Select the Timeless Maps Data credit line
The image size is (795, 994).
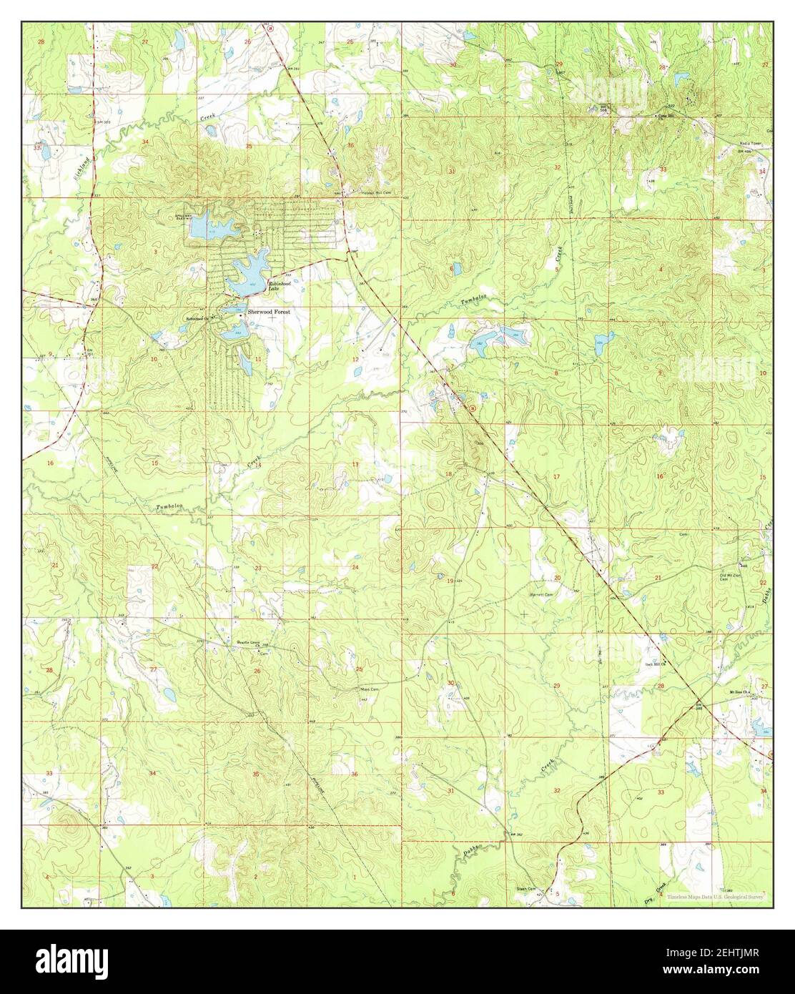[x=716, y=895]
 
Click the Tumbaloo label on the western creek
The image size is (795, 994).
[x=169, y=507]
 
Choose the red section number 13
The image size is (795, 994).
[x=355, y=465]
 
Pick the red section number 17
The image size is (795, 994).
[x=556, y=476]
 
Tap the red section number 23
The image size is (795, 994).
[x=257, y=569]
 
